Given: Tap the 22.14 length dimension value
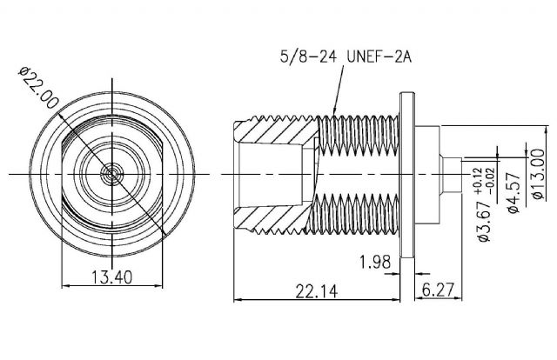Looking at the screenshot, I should pyautogui.click(x=318, y=290).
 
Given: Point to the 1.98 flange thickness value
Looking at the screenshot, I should pyautogui.click(x=375, y=260).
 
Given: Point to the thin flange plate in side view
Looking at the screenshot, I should pyautogui.click(x=406, y=174).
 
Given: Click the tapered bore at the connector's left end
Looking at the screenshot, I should pyautogui.click(x=261, y=174).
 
